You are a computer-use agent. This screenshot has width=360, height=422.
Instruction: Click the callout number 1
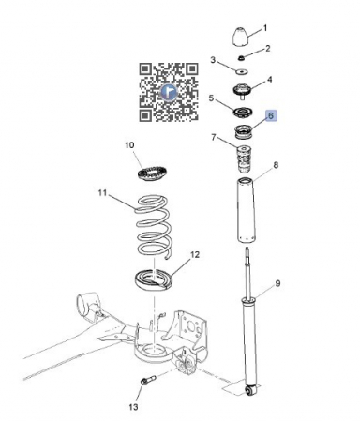click(x=265, y=28)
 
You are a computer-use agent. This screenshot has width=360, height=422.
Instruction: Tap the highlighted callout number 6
click(x=271, y=115)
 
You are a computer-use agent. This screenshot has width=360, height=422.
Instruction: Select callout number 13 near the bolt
click(x=133, y=407)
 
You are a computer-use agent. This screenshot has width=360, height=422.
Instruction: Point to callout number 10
click(x=129, y=145)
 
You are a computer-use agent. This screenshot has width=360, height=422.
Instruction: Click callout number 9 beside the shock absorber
click(x=277, y=283)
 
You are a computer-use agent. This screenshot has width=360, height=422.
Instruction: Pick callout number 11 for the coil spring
click(x=102, y=193)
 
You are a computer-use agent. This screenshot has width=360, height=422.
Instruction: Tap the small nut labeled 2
click(x=241, y=58)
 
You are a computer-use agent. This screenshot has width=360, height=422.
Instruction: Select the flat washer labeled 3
click(x=241, y=72)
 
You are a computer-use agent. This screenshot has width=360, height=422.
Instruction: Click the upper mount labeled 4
click(x=242, y=90)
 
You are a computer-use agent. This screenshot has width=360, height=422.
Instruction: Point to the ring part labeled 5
click(x=243, y=113)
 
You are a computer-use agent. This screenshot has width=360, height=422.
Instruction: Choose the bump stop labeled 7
click(x=244, y=158)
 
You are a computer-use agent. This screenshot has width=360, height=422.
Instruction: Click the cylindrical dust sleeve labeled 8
click(x=246, y=210)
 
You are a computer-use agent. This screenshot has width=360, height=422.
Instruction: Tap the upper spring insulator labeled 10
click(x=153, y=173)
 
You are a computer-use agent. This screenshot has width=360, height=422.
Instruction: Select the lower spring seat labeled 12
click(x=154, y=279)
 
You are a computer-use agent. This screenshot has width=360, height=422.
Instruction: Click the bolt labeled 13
click(x=147, y=381)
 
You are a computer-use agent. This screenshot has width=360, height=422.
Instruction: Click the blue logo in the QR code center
click(x=169, y=92)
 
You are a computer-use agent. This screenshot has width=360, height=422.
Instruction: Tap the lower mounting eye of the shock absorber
click(x=249, y=390)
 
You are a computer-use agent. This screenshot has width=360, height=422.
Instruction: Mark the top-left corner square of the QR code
click(x=145, y=69)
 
